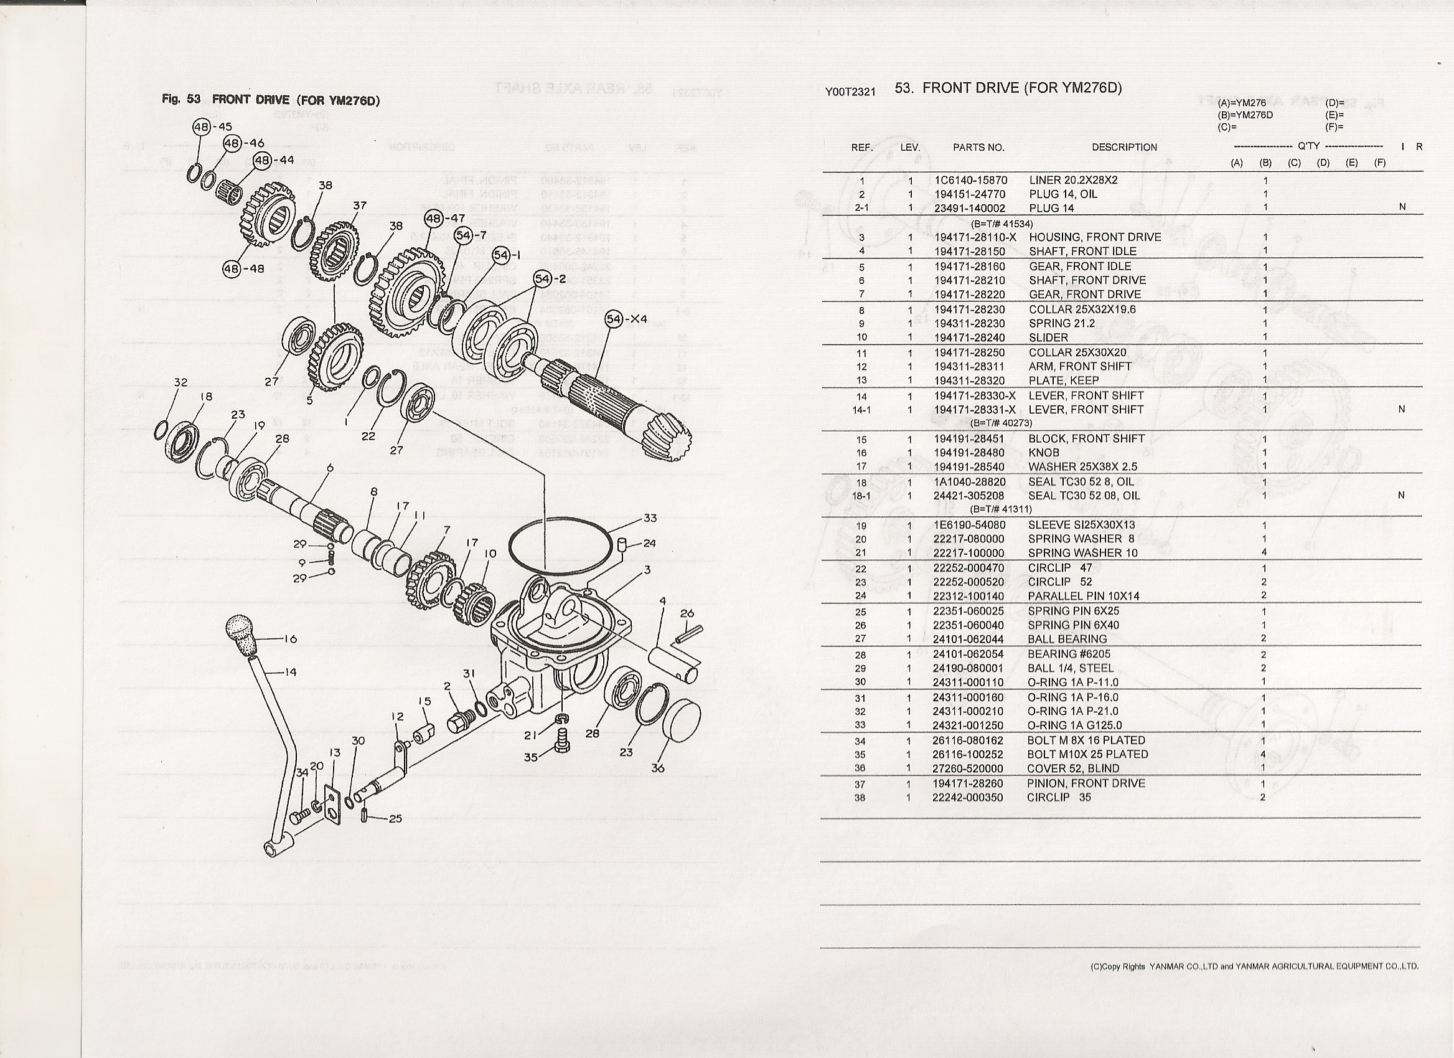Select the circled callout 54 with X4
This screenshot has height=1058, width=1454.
[614, 319]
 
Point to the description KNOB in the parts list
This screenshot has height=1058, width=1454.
[1044, 453]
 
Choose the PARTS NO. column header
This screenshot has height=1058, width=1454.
[978, 148]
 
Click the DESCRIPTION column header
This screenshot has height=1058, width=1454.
[1125, 148]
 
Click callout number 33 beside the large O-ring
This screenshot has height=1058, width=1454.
[650, 518]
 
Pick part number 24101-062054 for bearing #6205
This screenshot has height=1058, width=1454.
[969, 654]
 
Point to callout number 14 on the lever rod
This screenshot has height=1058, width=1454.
[290, 672]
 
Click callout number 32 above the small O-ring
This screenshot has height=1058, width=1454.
[180, 382]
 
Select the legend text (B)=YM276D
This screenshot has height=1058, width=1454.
[1245, 115]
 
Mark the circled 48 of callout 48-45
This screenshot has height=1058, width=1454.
[201, 127]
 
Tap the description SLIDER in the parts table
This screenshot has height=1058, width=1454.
[1048, 338]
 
